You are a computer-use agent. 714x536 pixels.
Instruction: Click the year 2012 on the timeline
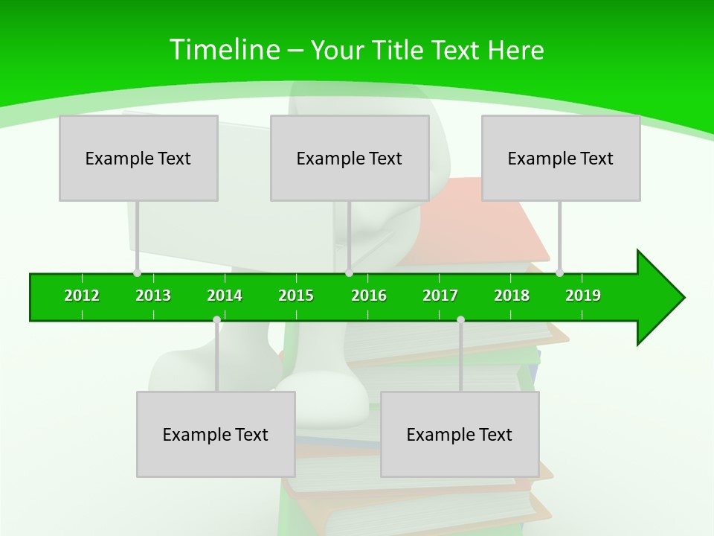[x=82, y=296]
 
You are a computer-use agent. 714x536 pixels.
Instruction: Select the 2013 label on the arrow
[x=153, y=296]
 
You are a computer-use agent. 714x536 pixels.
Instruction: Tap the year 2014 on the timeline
[x=225, y=296]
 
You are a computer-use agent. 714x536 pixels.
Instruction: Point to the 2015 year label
[x=296, y=296]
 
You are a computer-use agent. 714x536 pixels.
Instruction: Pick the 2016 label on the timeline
[x=369, y=296]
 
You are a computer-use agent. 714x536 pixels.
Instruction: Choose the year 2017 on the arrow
[x=440, y=296]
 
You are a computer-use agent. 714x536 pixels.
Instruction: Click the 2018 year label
[x=512, y=296]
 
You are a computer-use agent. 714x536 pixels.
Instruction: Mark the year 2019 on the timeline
[x=583, y=296]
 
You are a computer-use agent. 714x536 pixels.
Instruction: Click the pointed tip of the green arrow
[x=683, y=298]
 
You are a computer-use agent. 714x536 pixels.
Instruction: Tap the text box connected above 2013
[x=138, y=158]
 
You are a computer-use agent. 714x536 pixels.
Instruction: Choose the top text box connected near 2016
[x=350, y=158]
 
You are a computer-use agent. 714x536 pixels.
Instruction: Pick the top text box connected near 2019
[x=561, y=158]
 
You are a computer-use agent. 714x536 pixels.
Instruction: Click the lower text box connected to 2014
[x=216, y=434]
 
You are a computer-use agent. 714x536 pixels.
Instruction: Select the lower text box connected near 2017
[x=460, y=434]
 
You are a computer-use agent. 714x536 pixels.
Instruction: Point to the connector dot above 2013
[x=137, y=273]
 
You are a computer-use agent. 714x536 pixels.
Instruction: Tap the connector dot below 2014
[x=216, y=320]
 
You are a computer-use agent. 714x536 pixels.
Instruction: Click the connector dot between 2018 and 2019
[x=559, y=273]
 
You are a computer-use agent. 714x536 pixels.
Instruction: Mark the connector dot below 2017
[x=460, y=320]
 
